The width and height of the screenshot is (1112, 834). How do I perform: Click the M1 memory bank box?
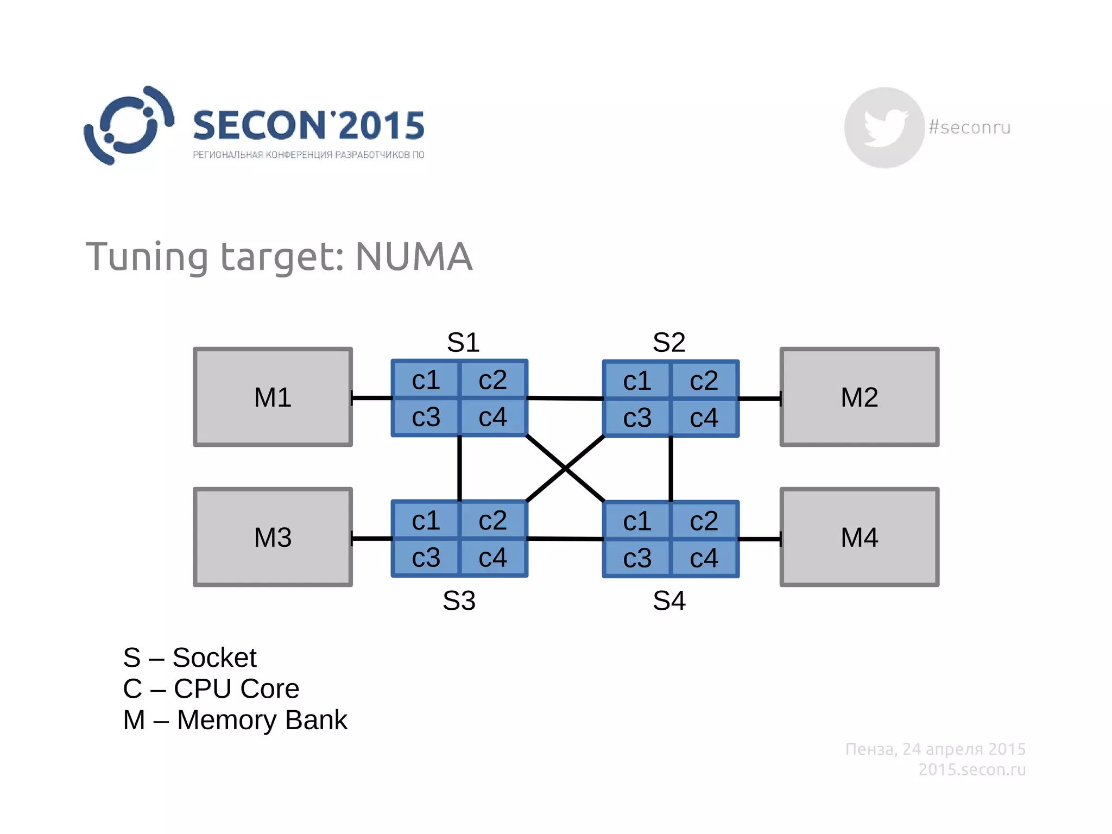[273, 397]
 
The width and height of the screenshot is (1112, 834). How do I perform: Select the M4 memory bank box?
[859, 537]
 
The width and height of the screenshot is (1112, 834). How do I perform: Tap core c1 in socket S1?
[426, 380]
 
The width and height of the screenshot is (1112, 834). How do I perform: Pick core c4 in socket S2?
[704, 418]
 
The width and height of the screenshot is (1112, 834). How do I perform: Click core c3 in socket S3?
[426, 558]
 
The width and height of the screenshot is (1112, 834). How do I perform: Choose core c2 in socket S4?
[704, 521]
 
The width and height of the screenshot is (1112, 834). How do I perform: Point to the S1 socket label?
[463, 342]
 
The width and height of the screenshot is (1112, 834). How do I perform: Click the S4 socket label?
[669, 601]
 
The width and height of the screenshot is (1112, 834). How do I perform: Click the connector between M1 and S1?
[372, 398]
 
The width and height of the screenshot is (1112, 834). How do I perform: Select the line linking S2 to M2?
[760, 399]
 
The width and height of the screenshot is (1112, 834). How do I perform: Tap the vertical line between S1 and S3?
[460, 468]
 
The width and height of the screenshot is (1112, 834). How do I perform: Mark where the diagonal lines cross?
[565, 469]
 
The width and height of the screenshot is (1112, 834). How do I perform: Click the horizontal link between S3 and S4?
[565, 539]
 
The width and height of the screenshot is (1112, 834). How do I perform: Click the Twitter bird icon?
[884, 127]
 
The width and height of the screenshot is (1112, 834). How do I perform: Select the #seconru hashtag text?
[970, 127]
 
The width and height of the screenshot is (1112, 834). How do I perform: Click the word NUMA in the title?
[414, 256]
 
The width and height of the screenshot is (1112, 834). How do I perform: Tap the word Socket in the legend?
[214, 658]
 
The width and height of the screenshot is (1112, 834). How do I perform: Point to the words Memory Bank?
[262, 720]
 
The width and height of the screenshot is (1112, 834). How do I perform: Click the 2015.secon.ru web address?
[972, 769]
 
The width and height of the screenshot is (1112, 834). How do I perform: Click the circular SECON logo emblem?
[129, 125]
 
